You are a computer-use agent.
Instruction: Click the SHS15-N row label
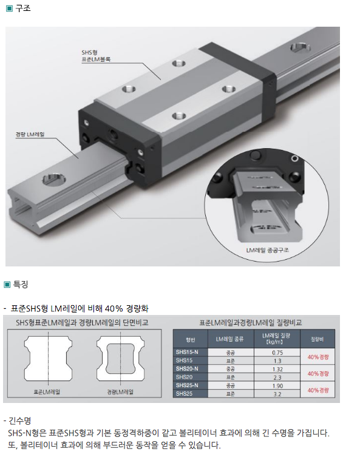(x=187, y=352)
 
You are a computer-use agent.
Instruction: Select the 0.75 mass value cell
(x=277, y=353)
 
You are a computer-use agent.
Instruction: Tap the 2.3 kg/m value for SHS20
(x=277, y=377)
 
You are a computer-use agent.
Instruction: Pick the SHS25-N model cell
(x=187, y=385)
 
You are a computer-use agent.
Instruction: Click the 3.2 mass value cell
(x=277, y=394)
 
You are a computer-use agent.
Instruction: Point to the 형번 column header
(x=191, y=339)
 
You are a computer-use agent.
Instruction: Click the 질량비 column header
(x=317, y=339)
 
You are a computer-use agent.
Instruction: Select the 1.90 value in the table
(x=277, y=386)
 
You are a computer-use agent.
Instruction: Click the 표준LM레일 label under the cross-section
(x=47, y=392)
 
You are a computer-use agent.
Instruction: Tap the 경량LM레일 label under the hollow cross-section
(x=120, y=392)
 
